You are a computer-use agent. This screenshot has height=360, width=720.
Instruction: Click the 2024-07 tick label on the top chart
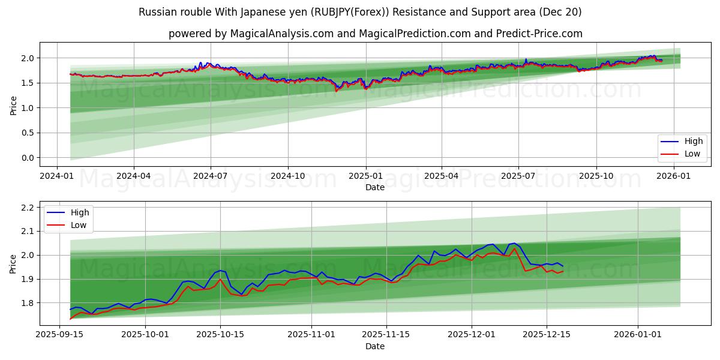(211, 176)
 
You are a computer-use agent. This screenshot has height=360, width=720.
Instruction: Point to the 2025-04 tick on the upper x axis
(442, 176)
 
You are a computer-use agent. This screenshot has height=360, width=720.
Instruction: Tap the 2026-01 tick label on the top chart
(674, 176)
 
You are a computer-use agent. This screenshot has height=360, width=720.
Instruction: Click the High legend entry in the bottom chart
(79, 212)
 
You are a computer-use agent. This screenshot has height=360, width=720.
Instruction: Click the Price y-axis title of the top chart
(13, 106)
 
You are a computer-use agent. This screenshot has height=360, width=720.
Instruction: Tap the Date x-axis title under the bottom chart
(375, 346)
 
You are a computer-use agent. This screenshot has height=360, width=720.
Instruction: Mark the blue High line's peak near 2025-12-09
(514, 243)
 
